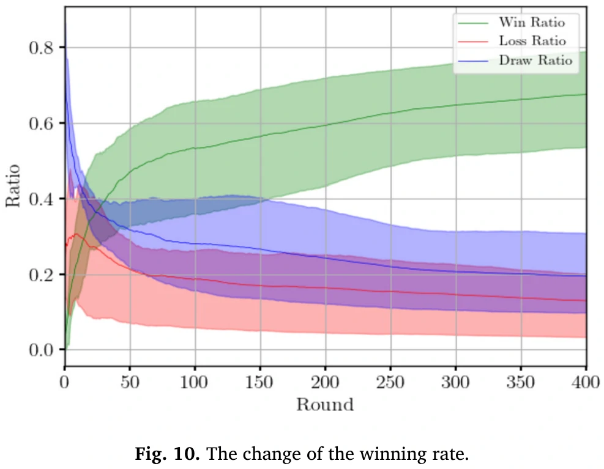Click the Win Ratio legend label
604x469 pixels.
[x=531, y=23]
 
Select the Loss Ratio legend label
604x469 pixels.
[x=532, y=42]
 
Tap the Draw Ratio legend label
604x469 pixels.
[x=535, y=61]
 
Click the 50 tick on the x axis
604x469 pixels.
[x=130, y=383]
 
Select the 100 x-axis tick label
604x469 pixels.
[x=195, y=383]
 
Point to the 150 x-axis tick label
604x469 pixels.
[x=260, y=383]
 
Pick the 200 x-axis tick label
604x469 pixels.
[x=325, y=383]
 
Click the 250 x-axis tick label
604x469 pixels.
[x=390, y=383]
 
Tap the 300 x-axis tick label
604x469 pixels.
[x=456, y=383]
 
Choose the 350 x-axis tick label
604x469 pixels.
[x=521, y=383]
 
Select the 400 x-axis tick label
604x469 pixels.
[x=586, y=383]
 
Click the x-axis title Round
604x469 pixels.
[x=325, y=405]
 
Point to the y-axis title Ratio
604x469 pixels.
[x=14, y=185]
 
